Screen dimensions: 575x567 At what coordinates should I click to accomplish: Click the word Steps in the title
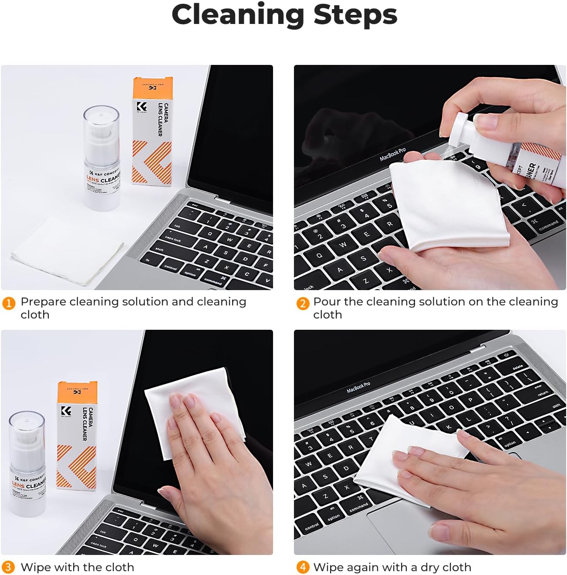click(x=355, y=15)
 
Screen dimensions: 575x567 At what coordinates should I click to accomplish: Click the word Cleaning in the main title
click(x=238, y=15)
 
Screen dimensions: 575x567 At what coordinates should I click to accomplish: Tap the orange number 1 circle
click(x=9, y=303)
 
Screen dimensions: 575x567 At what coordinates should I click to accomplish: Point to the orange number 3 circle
click(x=8, y=567)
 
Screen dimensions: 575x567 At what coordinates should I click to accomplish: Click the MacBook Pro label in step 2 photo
click(x=392, y=154)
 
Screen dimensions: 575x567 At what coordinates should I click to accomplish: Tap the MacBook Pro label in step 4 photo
click(x=358, y=387)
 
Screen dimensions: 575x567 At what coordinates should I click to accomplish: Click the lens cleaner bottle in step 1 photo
click(x=102, y=166)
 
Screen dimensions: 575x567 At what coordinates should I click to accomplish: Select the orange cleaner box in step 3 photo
click(x=77, y=436)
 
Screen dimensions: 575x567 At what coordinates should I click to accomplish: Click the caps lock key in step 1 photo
click(x=173, y=239)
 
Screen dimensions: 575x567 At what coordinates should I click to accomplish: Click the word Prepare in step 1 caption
click(x=43, y=302)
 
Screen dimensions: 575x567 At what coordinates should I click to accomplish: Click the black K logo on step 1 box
click(x=142, y=106)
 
